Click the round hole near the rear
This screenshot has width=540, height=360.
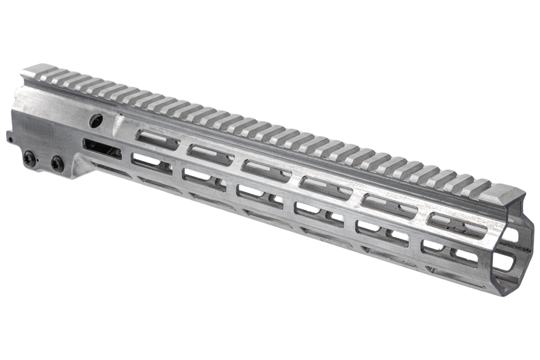pos(97,121)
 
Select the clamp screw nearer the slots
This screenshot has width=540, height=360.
pos(57,164)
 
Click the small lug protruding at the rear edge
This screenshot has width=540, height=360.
pos(9,137)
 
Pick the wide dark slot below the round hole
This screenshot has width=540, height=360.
pos(102,148)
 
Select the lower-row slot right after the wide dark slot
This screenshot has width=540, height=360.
pos(151,163)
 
